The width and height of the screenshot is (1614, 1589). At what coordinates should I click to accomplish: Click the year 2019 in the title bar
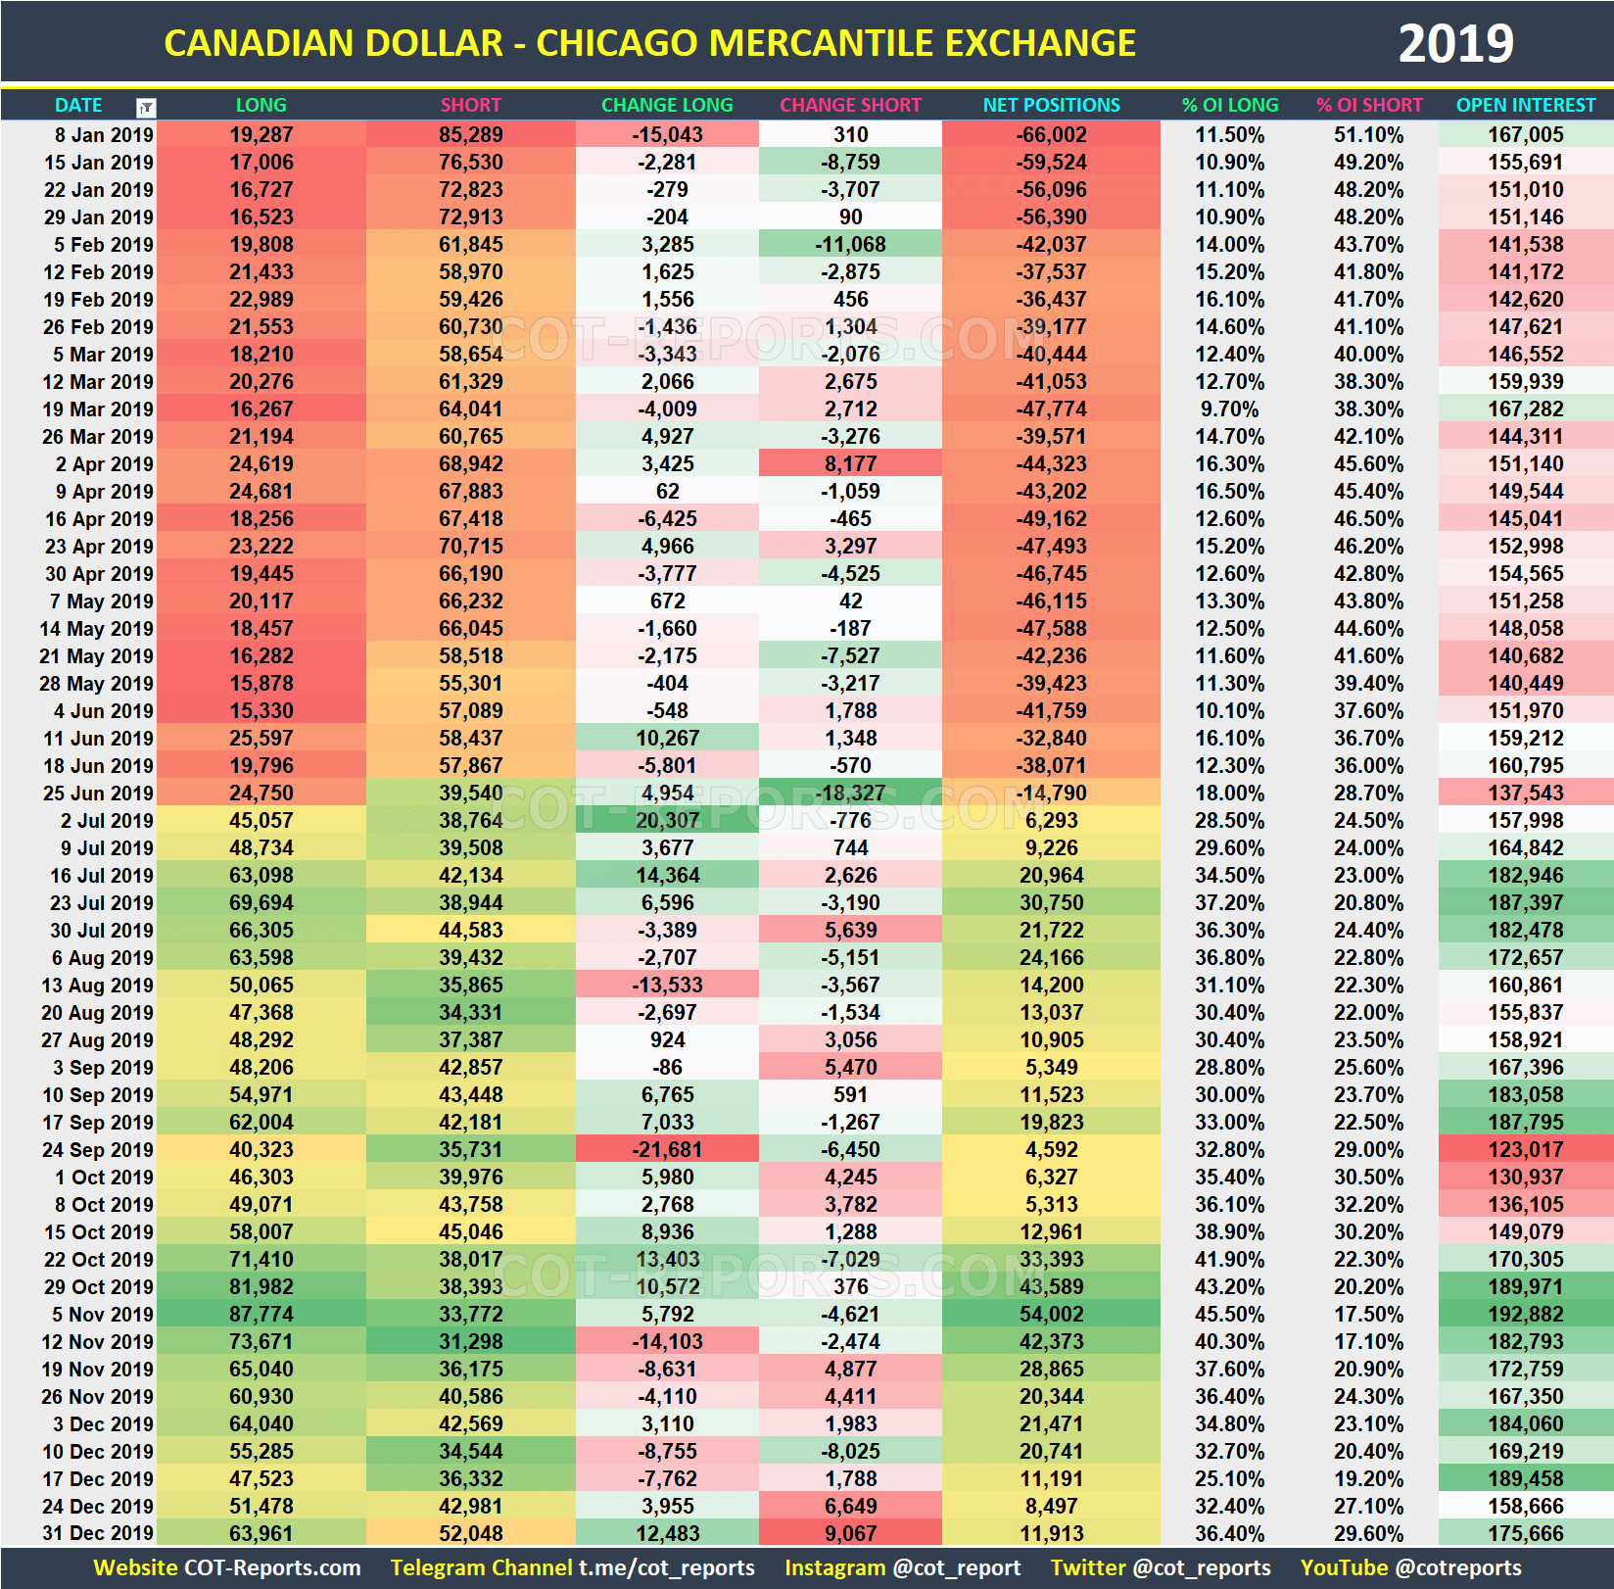point(1455,43)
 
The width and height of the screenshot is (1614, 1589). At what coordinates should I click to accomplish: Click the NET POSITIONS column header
point(1051,105)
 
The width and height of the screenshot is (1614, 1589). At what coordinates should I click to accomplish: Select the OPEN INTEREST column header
point(1525,105)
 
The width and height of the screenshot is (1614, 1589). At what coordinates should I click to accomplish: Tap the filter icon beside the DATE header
point(146,107)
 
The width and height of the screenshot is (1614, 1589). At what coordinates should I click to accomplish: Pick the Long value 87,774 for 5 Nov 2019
point(261,1314)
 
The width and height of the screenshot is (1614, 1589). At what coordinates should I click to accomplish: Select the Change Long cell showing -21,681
point(667,1149)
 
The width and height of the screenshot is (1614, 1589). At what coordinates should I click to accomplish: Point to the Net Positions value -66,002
point(1051,135)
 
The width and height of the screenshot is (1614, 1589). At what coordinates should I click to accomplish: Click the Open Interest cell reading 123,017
point(1525,1149)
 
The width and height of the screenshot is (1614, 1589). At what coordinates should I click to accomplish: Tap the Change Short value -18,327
point(850,793)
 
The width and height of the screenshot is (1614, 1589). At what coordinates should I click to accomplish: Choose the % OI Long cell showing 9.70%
point(1229,409)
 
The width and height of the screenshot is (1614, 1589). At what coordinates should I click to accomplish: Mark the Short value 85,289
point(470,135)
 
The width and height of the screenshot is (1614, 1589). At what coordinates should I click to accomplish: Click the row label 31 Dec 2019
point(98,1533)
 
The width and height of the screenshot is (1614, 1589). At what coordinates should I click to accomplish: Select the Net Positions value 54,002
point(1051,1314)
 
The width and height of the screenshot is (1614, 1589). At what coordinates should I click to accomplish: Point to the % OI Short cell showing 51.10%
point(1368,135)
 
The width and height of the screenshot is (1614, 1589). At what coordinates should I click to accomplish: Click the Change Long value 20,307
point(667,820)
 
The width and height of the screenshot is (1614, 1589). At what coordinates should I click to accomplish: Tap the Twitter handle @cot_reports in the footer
point(1201,1567)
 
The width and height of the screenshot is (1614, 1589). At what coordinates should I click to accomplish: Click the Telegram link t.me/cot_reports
point(666,1567)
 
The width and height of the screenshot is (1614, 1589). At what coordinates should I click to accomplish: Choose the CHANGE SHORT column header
point(850,105)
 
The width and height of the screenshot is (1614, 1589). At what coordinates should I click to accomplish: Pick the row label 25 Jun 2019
point(98,793)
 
